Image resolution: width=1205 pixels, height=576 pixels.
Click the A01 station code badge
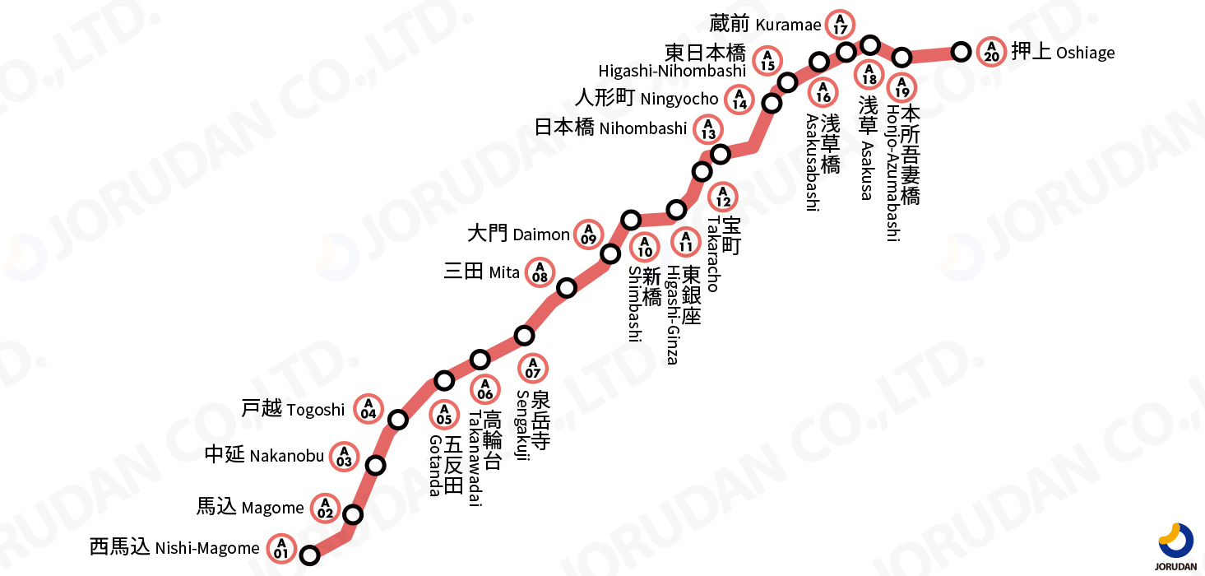pos(281,548)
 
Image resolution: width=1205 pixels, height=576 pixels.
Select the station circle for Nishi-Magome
pos(309,555)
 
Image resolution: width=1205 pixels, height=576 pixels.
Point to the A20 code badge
pos(991,52)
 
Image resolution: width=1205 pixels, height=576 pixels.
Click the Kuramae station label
pos(765,24)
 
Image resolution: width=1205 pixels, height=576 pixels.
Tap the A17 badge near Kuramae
pos(840,24)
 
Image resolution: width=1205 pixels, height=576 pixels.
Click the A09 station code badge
pos(588,235)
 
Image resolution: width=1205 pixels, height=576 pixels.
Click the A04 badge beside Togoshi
pos(368,408)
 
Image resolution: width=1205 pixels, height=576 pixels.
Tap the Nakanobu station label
pos(264,455)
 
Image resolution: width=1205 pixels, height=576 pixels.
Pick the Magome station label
pos(250,507)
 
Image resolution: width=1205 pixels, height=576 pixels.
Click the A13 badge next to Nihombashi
pos(708,129)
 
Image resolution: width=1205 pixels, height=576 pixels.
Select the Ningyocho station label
pos(647,99)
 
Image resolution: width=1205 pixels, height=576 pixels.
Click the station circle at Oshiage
pos(961,52)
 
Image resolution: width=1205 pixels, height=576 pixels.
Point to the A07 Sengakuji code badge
pos(533,368)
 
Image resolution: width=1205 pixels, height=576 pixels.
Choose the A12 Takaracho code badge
pos(723,197)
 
